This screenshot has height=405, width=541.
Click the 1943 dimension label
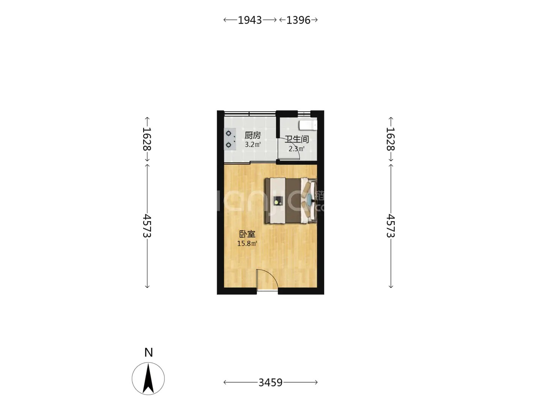pos(249,20)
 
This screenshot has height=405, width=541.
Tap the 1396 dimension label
pos(298,20)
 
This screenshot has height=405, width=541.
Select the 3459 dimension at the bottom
pos(270,382)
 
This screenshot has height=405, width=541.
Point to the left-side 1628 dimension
pos(147,139)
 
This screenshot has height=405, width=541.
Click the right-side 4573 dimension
pos(391,226)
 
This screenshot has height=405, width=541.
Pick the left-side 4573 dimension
pos(147,226)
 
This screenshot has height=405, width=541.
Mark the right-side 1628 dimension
pos(391,139)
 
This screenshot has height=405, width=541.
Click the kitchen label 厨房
pos(252,135)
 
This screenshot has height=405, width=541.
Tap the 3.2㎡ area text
pos(252,144)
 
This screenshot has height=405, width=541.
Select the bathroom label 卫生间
pos(297,139)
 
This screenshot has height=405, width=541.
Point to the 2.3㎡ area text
pos(296,149)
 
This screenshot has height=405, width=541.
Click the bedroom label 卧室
pos(247,234)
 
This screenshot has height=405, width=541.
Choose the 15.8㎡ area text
pos(247,243)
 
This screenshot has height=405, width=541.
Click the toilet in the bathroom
pos(308,125)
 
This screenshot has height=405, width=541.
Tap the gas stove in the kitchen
pos(230,139)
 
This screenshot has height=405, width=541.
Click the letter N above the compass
pos(149,352)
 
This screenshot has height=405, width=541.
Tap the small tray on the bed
pos(278,201)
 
